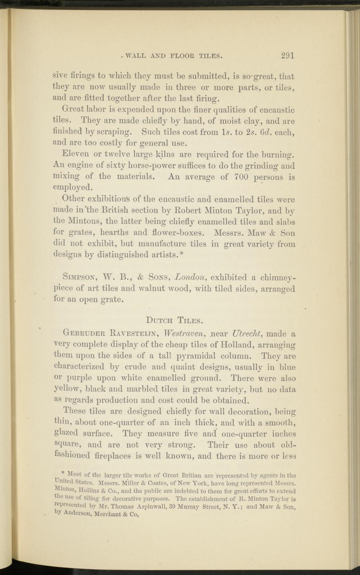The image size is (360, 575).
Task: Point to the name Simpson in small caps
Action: pos(78,278)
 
